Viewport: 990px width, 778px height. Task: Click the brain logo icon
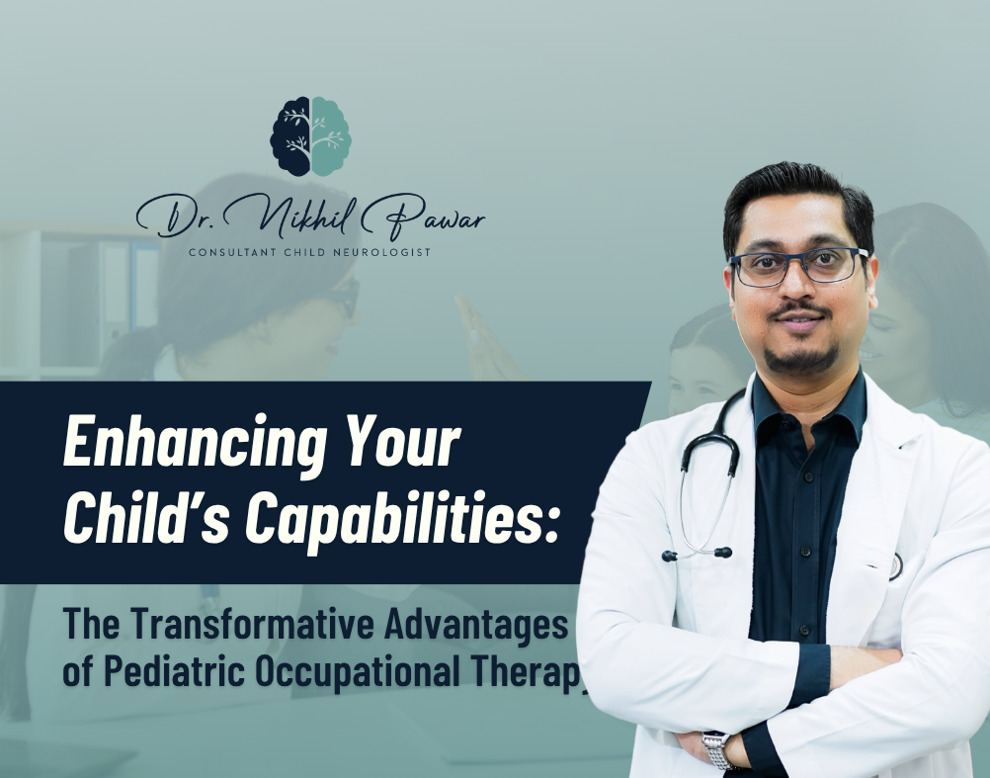310,136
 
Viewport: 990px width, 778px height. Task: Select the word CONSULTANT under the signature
232,253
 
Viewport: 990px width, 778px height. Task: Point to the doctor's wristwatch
717,749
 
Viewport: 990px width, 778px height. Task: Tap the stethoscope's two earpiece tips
697,555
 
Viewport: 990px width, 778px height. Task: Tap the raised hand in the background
483,336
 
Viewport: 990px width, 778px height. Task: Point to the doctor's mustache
799,310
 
